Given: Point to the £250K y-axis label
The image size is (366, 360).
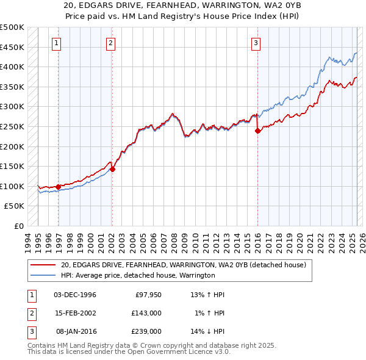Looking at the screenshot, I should (x=12, y=126).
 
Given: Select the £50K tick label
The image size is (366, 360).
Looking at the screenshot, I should (x=15, y=206).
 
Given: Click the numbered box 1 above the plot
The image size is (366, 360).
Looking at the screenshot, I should (x=56, y=43).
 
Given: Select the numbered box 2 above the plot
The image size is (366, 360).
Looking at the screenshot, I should (x=110, y=43).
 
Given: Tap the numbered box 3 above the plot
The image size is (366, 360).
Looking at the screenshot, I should (x=255, y=43).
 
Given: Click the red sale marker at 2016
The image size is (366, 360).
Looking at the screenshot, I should (x=257, y=131).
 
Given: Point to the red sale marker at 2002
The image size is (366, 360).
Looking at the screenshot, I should (x=113, y=169).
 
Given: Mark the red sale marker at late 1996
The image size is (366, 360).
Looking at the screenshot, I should (x=59, y=187).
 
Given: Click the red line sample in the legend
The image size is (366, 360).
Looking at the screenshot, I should (x=43, y=265).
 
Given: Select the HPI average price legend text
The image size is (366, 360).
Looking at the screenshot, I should (x=138, y=275).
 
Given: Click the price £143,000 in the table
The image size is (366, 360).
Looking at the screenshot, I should (x=146, y=313).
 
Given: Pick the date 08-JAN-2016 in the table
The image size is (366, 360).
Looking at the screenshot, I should (x=75, y=331).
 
